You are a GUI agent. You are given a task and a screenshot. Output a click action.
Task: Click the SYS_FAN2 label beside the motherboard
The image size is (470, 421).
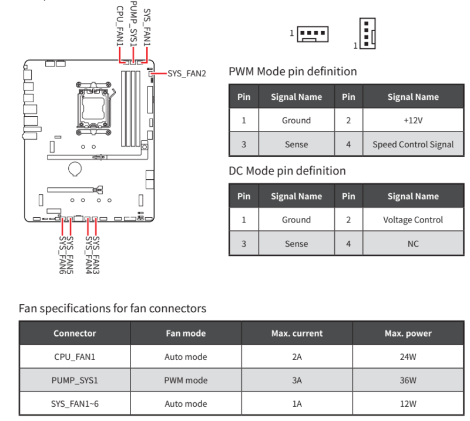pyautogui.click(x=187, y=74)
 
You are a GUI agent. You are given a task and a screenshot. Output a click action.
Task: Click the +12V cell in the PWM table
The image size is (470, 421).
pyautogui.click(x=413, y=120)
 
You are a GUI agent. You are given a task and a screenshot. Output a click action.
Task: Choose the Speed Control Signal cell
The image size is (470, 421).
pyautogui.click(x=413, y=144)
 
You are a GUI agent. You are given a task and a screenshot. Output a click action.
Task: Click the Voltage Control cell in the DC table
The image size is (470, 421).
pyautogui.click(x=413, y=220)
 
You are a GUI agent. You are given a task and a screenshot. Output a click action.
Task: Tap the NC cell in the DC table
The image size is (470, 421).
pyautogui.click(x=413, y=244)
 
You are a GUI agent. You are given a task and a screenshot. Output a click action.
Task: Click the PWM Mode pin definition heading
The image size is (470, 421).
pyautogui.click(x=292, y=72)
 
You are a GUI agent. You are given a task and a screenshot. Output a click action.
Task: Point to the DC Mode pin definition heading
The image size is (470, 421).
pyautogui.click(x=287, y=171)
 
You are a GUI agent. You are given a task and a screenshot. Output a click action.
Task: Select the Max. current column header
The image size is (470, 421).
pyautogui.click(x=297, y=333)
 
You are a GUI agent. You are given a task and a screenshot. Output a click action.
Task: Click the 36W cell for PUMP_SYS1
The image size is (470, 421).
pyautogui.click(x=408, y=380)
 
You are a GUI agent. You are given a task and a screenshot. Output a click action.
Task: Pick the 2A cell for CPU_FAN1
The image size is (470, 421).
pyautogui.click(x=297, y=356)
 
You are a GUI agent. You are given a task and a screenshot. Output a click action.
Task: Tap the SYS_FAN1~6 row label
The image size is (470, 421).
pyautogui.click(x=75, y=403)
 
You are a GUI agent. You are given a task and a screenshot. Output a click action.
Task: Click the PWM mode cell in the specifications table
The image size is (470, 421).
pyautogui.click(x=186, y=380)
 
